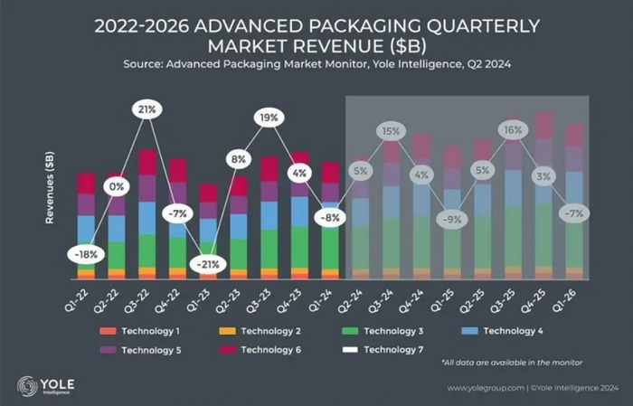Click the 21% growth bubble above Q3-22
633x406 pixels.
point(145,109)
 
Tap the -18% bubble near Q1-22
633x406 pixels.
point(85,255)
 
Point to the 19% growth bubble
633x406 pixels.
point(269,117)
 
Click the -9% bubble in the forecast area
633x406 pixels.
point(451,217)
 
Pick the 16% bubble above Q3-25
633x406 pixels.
point(512,130)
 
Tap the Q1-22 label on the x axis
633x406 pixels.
point(81,294)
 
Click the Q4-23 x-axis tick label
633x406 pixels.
point(295,294)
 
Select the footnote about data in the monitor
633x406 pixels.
point(513,363)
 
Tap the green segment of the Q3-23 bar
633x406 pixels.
point(269,246)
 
